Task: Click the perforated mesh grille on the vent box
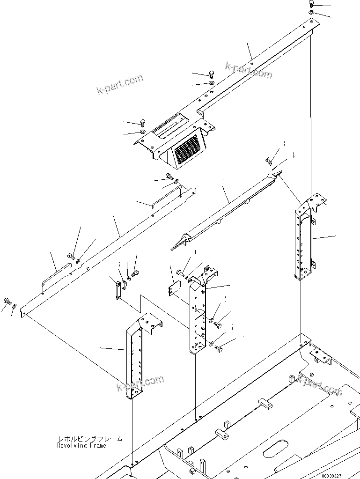(x=187, y=149)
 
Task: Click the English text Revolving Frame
(x=81, y=445)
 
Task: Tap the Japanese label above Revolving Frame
(x=89, y=439)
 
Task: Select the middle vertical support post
(x=197, y=318)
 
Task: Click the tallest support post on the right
(x=302, y=239)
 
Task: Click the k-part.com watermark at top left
(x=120, y=85)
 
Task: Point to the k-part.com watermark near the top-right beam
(x=248, y=70)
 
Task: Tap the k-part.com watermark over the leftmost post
(x=140, y=383)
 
